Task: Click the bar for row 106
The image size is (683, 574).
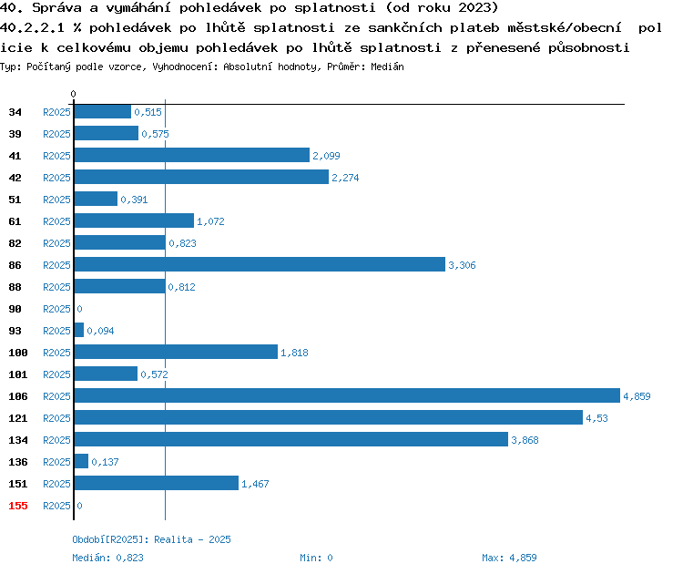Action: point(347,395)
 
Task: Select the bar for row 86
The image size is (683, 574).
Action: point(260,264)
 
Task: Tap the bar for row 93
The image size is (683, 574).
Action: point(79,330)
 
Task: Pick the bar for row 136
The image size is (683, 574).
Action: point(81,461)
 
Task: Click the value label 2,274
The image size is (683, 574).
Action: point(345,178)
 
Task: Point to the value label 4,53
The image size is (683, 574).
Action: point(596,418)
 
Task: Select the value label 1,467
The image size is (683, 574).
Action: point(255,484)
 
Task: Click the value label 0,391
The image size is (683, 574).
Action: point(134,200)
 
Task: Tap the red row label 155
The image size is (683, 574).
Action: point(18,506)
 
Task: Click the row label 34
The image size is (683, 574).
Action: point(15,112)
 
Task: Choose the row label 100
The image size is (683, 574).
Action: point(18,353)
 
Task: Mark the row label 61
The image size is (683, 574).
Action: point(15,221)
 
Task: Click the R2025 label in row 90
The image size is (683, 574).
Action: point(56,309)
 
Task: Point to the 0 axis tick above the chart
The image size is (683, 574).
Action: point(73,94)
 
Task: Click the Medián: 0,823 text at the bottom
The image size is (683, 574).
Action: point(107,558)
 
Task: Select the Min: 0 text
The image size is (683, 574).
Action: point(316,558)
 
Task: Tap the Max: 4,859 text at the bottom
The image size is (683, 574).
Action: point(509,558)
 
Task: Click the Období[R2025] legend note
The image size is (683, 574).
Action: point(151,539)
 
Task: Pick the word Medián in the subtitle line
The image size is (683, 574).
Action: point(387,67)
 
